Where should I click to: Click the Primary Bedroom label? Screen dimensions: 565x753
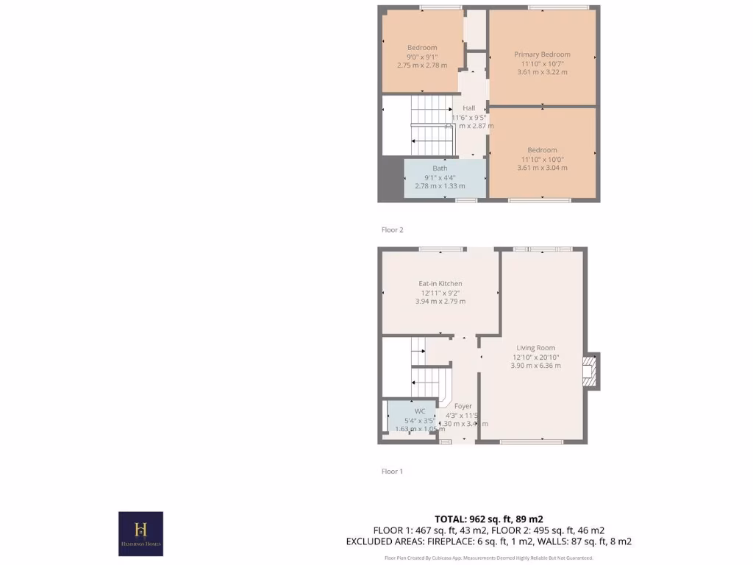pos(542,54)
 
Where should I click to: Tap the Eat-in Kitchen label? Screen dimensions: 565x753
pos(440,283)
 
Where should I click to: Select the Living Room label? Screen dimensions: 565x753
pos(535,348)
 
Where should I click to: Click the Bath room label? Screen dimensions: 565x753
pos(440,168)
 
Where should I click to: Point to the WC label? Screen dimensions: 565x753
pos(420,411)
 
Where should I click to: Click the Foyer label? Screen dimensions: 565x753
pos(463,406)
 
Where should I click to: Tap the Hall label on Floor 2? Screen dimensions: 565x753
pos(468,108)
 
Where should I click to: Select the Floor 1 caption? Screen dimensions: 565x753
pos(392,472)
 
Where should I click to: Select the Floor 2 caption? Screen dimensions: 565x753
pos(392,230)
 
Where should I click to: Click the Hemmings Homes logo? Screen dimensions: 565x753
pos(140,533)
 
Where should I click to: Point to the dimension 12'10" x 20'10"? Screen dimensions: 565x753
pos(535,357)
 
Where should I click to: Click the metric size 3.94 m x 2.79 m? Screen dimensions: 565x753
pos(440,301)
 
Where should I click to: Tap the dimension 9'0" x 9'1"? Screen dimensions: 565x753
pos(422,57)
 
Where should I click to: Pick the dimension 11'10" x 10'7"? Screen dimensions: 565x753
pos(542,63)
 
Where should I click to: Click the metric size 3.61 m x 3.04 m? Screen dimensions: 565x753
pos(542,168)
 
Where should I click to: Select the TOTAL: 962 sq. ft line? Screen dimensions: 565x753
pos(488,519)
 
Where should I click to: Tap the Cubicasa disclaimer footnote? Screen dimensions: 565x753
pos(488,558)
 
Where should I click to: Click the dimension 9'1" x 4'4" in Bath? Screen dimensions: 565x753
pos(440,177)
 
